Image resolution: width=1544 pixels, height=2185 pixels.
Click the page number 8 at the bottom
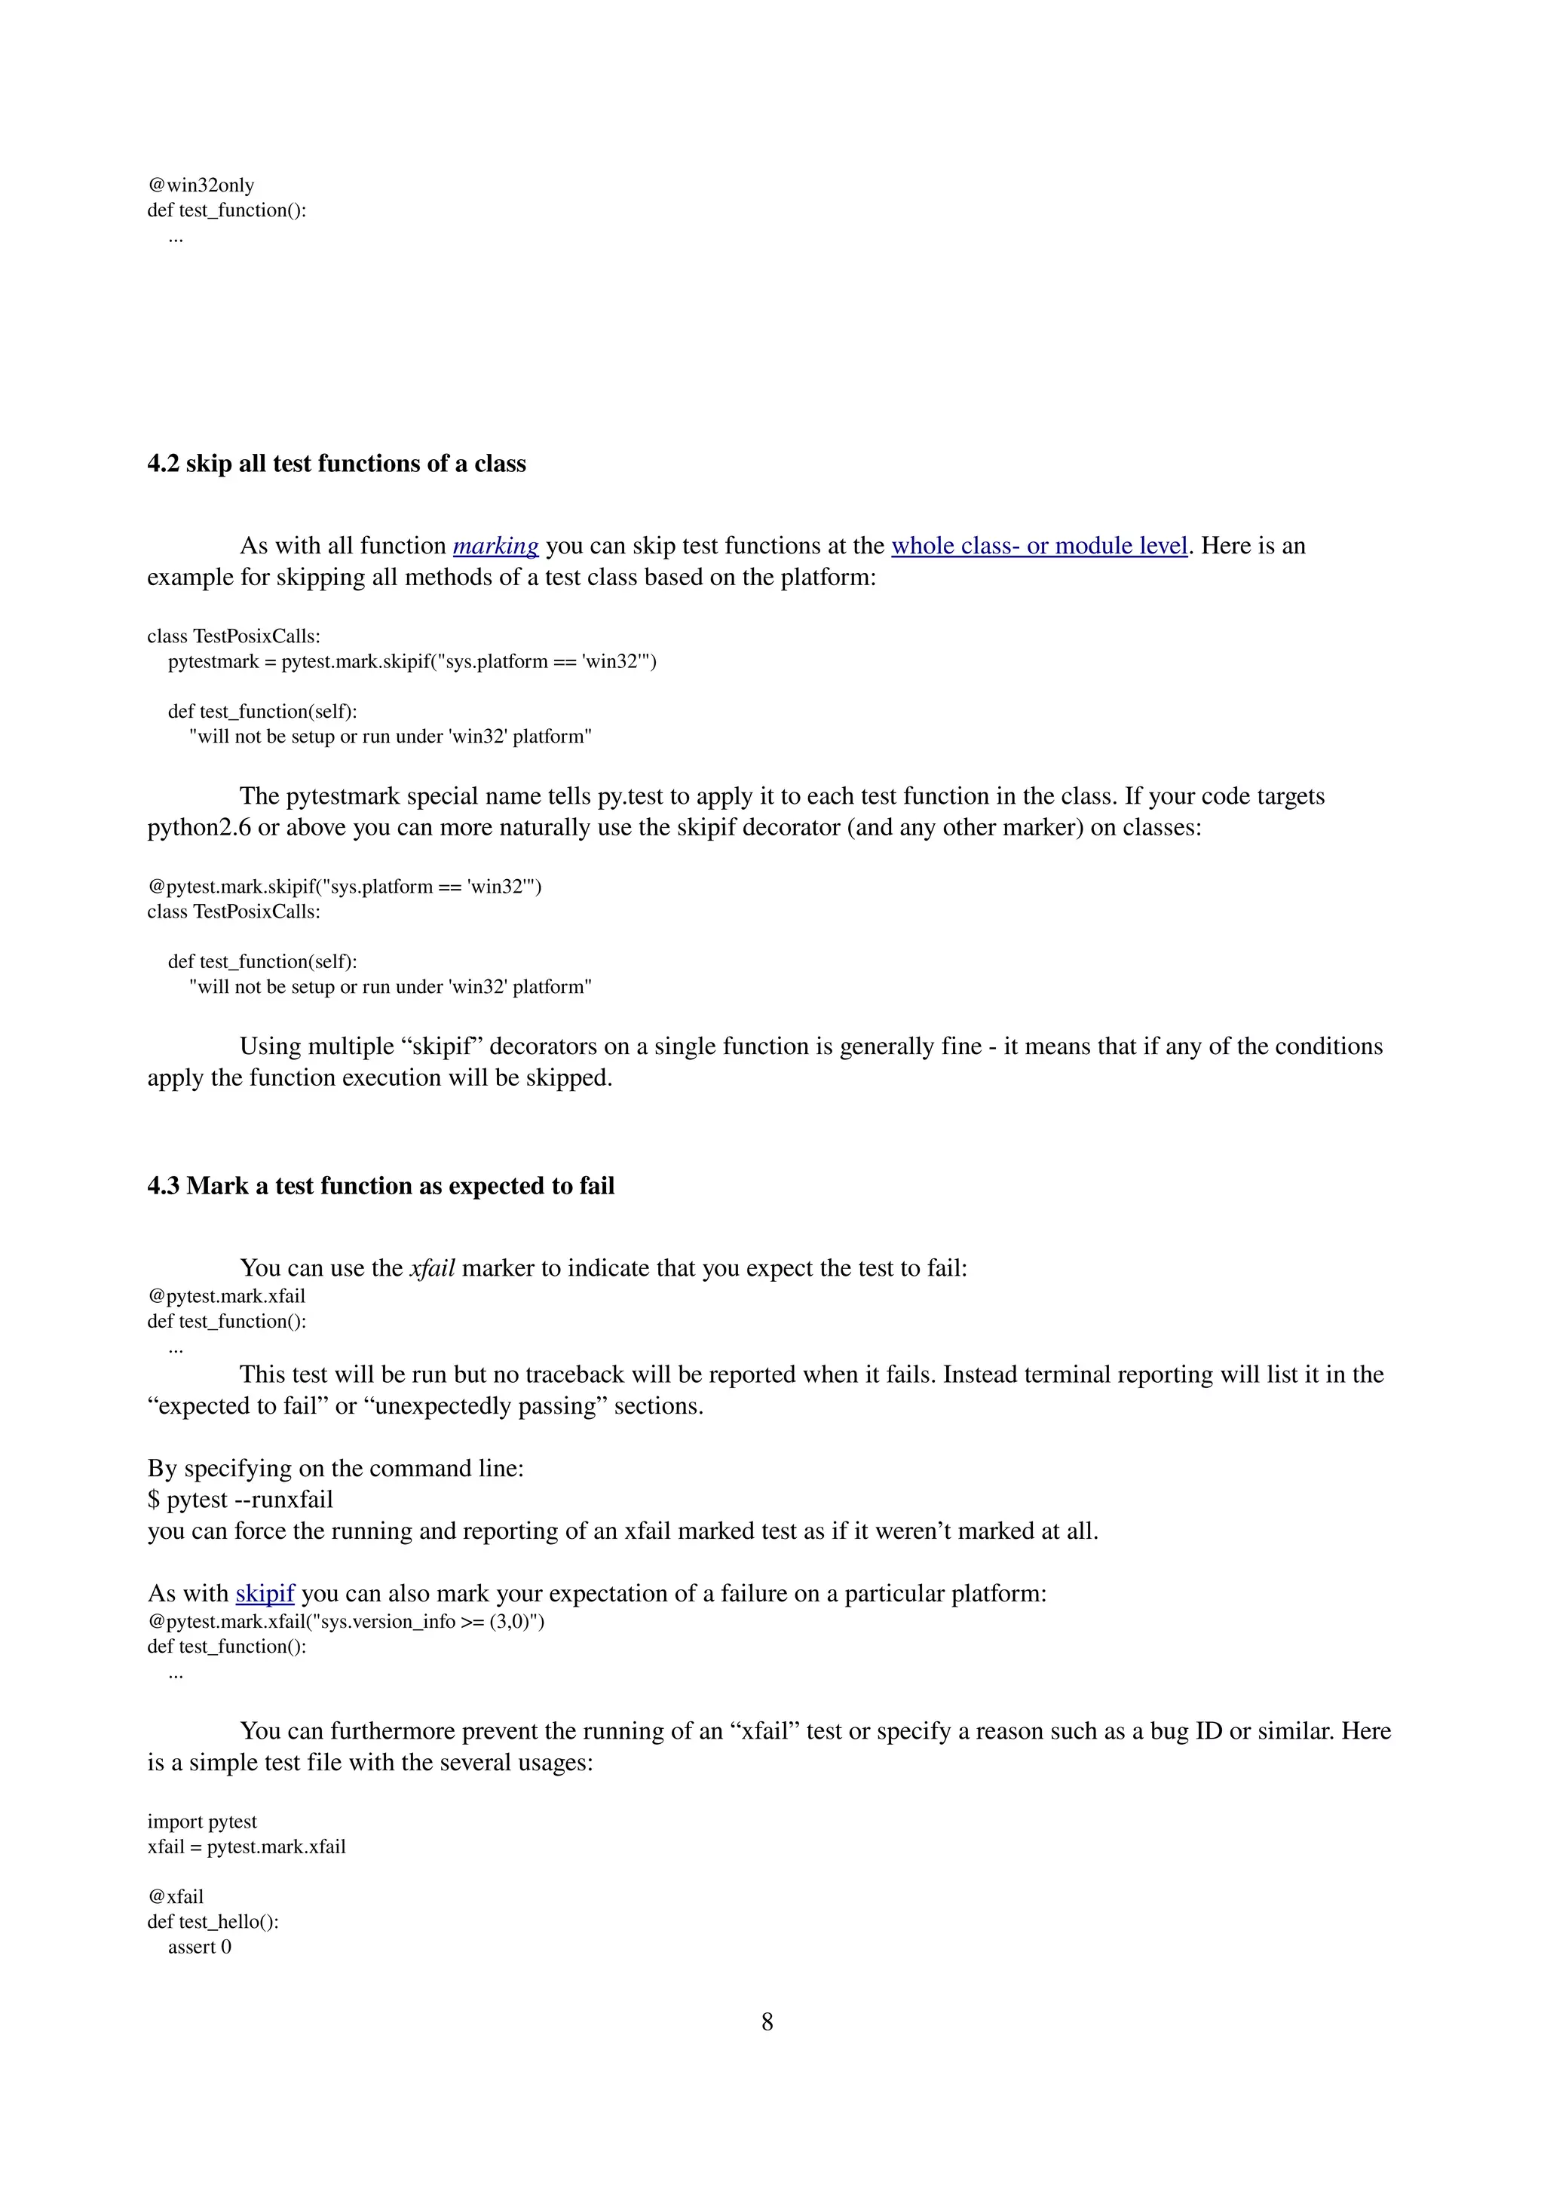pyautogui.click(x=767, y=2021)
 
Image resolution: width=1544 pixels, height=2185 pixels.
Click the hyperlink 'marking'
pyautogui.click(x=495, y=546)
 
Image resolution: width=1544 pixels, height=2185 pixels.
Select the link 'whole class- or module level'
pyautogui.click(x=1039, y=546)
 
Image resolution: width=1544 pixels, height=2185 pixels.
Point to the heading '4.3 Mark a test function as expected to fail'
pyautogui.click(x=381, y=1186)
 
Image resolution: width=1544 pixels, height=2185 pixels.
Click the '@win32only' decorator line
pyautogui.click(x=201, y=185)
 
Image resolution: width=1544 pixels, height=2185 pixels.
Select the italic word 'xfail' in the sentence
pyautogui.click(x=432, y=1269)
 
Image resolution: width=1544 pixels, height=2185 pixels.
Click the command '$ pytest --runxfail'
pyautogui.click(x=240, y=1500)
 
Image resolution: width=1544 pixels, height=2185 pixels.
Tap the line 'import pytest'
pyautogui.click(x=202, y=1822)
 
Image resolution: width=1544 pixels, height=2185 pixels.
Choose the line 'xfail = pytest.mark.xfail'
pyautogui.click(x=247, y=1846)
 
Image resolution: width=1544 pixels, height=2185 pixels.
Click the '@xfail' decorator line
pyautogui.click(x=175, y=1897)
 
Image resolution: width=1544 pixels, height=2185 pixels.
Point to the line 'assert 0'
pyautogui.click(x=200, y=1946)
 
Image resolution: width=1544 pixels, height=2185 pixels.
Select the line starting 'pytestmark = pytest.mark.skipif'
pyautogui.click(x=412, y=661)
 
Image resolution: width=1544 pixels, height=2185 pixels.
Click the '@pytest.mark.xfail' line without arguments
pyautogui.click(x=226, y=1296)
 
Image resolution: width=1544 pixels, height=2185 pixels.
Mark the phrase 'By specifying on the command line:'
pyautogui.click(x=335, y=1469)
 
